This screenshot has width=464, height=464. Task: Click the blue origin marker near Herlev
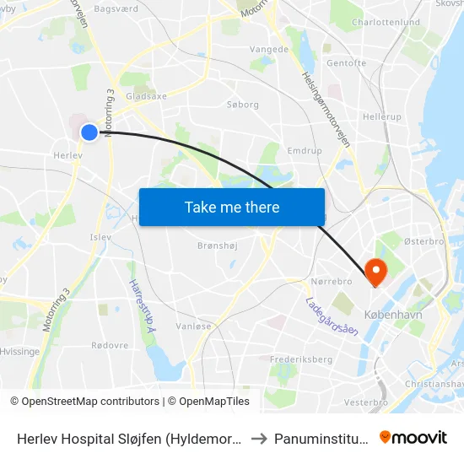pyautogui.click(x=89, y=132)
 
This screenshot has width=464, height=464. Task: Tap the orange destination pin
pyautogui.click(x=375, y=269)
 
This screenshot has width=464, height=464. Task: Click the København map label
pyautogui.click(x=392, y=313)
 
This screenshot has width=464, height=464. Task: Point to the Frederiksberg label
pyautogui.click(x=299, y=359)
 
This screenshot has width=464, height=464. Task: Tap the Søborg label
pyautogui.click(x=243, y=105)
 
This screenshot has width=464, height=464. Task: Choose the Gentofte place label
pyautogui.click(x=346, y=62)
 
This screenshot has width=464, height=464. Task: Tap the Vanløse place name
pyautogui.click(x=193, y=326)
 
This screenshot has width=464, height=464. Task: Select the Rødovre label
pyautogui.click(x=110, y=344)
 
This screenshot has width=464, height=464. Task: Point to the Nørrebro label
pyautogui.click(x=331, y=279)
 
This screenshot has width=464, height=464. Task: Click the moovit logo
pyautogui.click(x=413, y=437)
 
